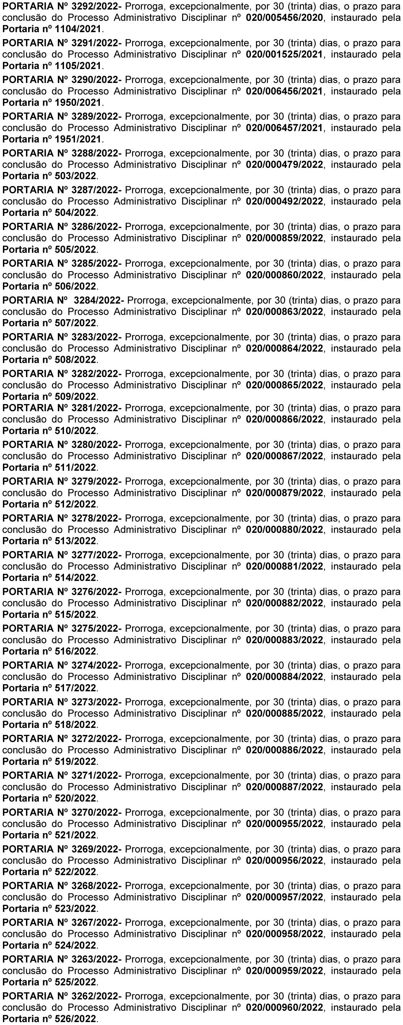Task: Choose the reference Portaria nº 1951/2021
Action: pyautogui.click(x=52, y=139)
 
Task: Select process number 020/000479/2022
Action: pyautogui.click(x=284, y=164)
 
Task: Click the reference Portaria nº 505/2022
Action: pyautogui.click(x=49, y=250)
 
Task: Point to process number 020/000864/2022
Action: pyautogui.click(x=284, y=348)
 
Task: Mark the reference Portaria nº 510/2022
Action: pyautogui.click(x=49, y=430)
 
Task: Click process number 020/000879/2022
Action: pyautogui.click(x=284, y=493)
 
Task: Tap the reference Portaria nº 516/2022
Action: pyautogui.click(x=49, y=652)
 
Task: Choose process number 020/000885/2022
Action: pyautogui.click(x=284, y=713)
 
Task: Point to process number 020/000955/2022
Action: pyautogui.click(x=284, y=824)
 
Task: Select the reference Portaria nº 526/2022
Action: pyautogui.click(x=49, y=1019)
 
